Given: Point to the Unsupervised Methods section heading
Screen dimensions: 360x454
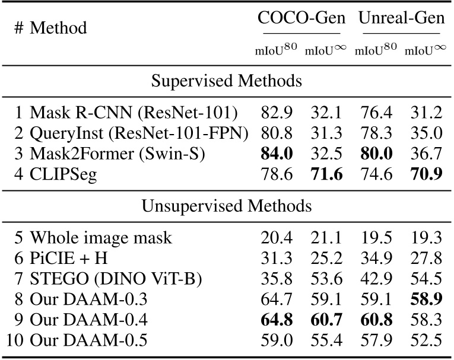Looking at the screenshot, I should point(227,206).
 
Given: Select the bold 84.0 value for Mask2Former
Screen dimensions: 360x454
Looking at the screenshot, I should point(276,154).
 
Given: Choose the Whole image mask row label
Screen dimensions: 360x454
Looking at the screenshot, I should point(101,238).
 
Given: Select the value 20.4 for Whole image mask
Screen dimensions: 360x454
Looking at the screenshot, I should point(276,238).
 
